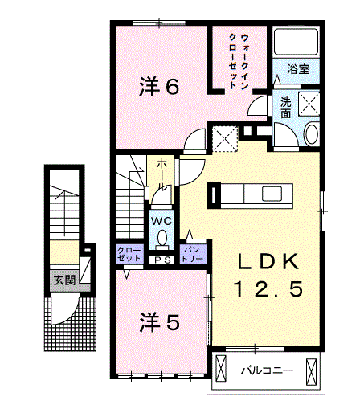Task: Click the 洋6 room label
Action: tap(159, 86)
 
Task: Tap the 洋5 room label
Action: tap(160, 322)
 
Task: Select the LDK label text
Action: tap(268, 261)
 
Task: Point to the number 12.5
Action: tap(269, 288)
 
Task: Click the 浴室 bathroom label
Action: tap(298, 69)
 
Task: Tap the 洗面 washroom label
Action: tap(286, 108)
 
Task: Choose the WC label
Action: tap(162, 221)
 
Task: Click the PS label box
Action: tap(162, 260)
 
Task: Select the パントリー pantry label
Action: tap(193, 254)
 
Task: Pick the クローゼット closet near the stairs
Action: tap(129, 254)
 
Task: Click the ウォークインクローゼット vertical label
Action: tap(237, 61)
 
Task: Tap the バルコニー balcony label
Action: tap(268, 370)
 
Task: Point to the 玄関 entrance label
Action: tap(65, 280)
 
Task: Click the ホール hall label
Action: tap(162, 174)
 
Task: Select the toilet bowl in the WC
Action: tap(162, 238)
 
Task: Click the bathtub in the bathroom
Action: tap(296, 42)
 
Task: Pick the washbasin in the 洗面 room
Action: tap(312, 134)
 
